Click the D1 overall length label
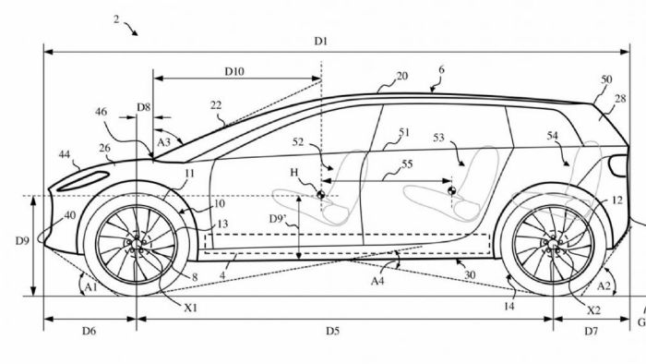pyautogui.click(x=321, y=42)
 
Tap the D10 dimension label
pyautogui.click(x=234, y=72)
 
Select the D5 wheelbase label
pyautogui.click(x=332, y=331)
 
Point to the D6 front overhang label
pyautogui.click(x=89, y=331)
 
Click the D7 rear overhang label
pyautogui.click(x=592, y=331)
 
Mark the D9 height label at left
pyautogui.click(x=23, y=240)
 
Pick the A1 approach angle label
pyautogui.click(x=90, y=286)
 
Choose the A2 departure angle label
pyautogui.click(x=604, y=285)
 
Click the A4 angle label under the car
pyautogui.click(x=377, y=281)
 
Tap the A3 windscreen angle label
pyautogui.click(x=163, y=142)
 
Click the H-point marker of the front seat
pyautogui.click(x=320, y=195)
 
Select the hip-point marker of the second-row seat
pyautogui.click(x=451, y=190)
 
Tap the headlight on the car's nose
pyautogui.click(x=83, y=181)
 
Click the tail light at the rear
pyautogui.click(x=619, y=165)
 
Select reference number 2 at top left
pyautogui.click(x=116, y=19)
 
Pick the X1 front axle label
pyautogui.click(x=190, y=308)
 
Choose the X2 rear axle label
pyautogui.click(x=593, y=310)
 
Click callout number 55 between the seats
pyautogui.click(x=407, y=164)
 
